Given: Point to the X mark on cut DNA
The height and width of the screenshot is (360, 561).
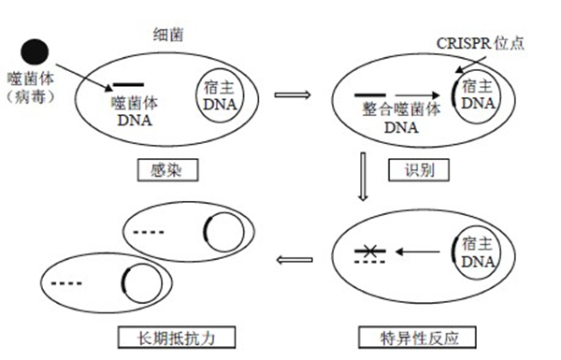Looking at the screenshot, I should click(x=366, y=250).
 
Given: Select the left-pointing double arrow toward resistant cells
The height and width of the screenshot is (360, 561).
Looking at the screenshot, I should click(x=295, y=260).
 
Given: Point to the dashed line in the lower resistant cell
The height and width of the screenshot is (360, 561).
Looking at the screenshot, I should click(x=66, y=281).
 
